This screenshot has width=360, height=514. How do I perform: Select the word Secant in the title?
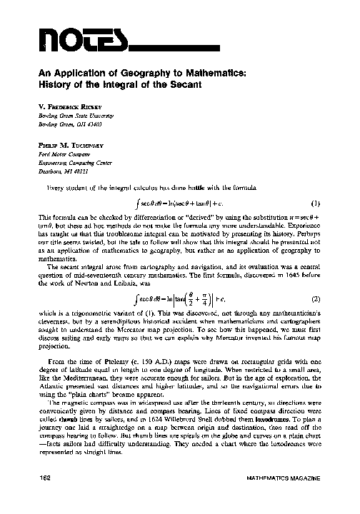point(188,84)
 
